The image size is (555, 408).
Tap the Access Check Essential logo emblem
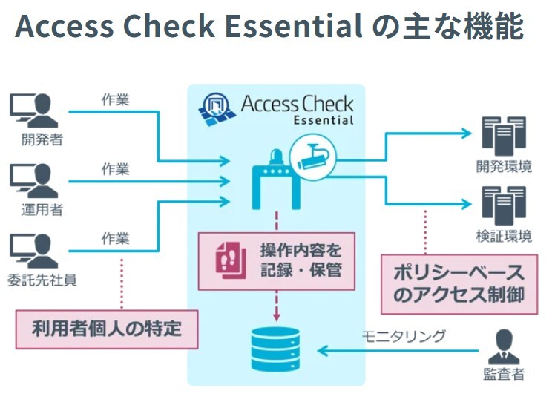216,109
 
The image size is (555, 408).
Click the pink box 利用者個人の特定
107,328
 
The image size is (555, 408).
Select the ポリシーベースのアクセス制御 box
458,284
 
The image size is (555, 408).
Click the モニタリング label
404,336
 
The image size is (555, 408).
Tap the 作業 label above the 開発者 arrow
115,99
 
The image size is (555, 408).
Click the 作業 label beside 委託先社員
115,238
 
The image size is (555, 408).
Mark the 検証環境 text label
504,237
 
